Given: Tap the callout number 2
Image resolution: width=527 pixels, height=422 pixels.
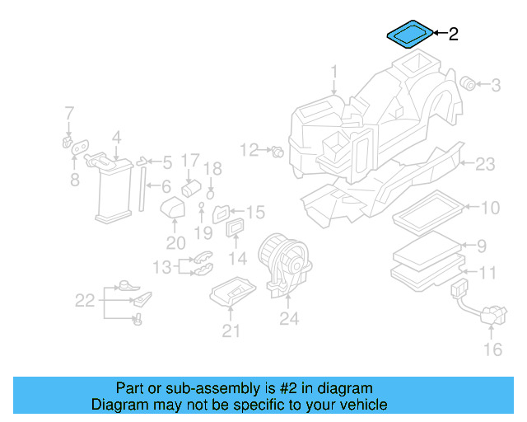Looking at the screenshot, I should [x=453, y=35].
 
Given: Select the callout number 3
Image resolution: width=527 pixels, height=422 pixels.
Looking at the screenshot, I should [x=496, y=84].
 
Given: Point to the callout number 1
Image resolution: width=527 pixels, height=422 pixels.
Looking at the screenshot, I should [x=334, y=72].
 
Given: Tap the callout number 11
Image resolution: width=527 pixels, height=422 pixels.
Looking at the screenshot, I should [x=487, y=272].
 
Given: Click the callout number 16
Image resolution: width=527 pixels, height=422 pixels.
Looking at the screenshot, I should [x=492, y=350].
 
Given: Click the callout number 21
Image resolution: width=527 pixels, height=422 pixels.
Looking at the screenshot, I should [x=231, y=331].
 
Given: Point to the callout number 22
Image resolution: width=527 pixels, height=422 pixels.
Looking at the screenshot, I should [x=85, y=301].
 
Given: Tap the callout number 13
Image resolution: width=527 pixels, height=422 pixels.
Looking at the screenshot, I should [x=161, y=266].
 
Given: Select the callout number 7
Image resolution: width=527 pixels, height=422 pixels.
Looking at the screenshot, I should [x=69, y=113].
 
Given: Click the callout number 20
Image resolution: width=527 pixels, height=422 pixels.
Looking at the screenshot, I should [x=175, y=242].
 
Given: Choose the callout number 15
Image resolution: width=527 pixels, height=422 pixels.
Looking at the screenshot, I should [x=255, y=213].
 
